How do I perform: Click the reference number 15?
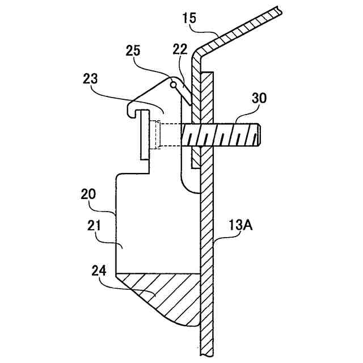190,18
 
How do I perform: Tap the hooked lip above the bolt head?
132,108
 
